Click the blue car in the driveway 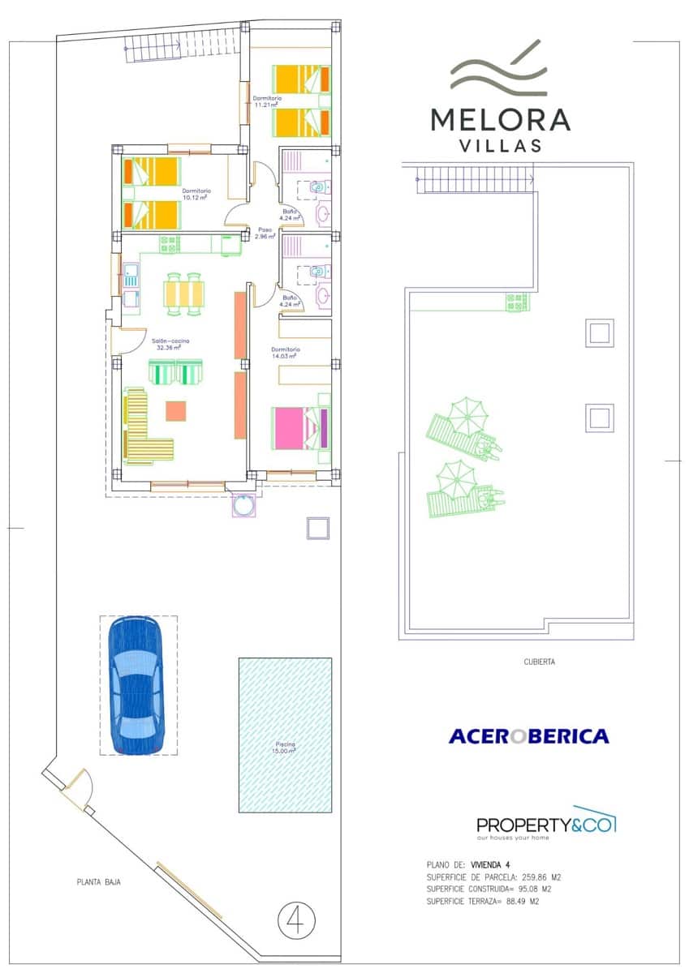coord(136,685)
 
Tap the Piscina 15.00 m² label coord(284,748)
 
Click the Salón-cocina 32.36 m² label coord(170,345)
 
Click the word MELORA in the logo coord(500,119)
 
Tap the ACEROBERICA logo coord(528,736)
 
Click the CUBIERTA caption coord(540,662)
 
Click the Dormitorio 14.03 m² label coord(285,353)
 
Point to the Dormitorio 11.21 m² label coord(267,101)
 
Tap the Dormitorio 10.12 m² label coord(196,194)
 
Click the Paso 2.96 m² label coord(265,232)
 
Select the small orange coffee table coord(176,411)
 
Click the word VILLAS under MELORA coord(500,147)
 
